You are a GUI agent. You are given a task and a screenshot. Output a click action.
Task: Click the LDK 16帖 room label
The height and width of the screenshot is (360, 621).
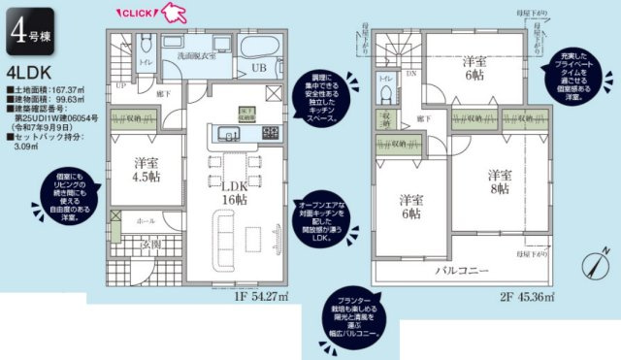point(235,191)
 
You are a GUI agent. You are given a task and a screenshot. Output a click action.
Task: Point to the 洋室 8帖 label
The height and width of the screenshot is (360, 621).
point(499,182)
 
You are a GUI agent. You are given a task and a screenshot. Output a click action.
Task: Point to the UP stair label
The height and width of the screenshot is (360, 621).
point(119,86)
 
